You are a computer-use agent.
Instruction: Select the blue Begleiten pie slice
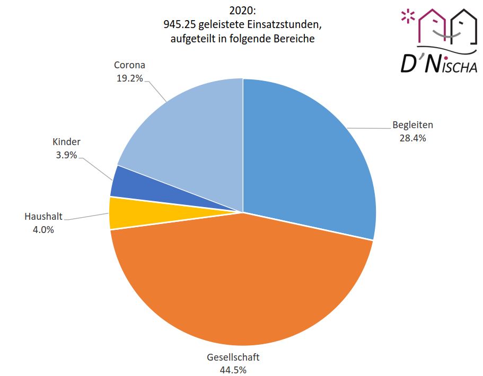(x=308, y=159)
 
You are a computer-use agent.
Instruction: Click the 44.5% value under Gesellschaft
(x=233, y=369)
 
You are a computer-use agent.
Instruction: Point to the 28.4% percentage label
(x=412, y=138)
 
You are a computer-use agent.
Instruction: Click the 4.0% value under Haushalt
(x=43, y=229)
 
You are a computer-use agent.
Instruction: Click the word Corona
(x=129, y=65)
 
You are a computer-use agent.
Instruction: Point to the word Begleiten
(x=412, y=126)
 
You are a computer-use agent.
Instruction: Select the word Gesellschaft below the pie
(x=233, y=356)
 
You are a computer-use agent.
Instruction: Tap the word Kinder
(x=66, y=142)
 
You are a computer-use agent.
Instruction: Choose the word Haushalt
(x=43, y=217)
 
